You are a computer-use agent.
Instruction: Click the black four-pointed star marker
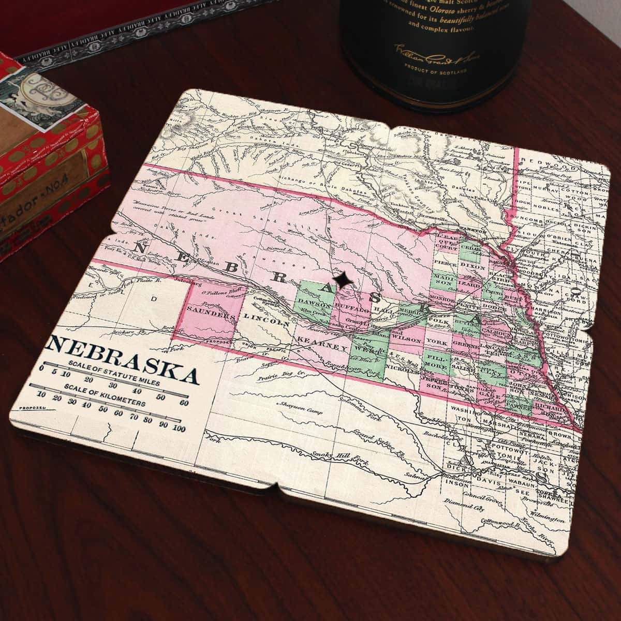342,279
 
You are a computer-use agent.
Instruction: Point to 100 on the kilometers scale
179,428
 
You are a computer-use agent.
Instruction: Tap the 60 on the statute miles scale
183,403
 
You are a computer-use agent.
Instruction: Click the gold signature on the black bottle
429,52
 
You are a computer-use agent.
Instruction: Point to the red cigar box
47,155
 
